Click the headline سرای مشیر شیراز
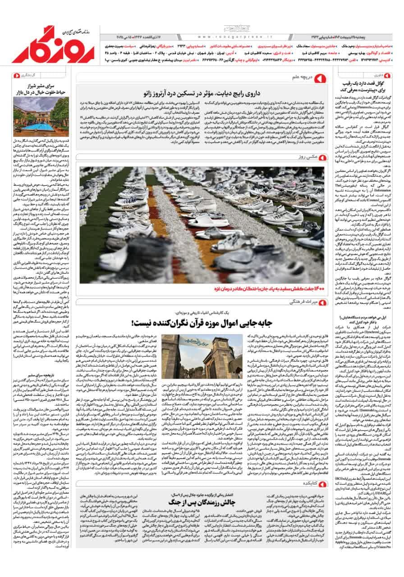click(x=41, y=89)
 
